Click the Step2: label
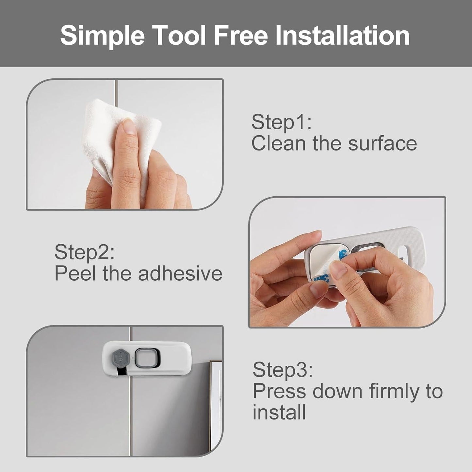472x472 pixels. (85, 252)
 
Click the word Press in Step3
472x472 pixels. (279, 391)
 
